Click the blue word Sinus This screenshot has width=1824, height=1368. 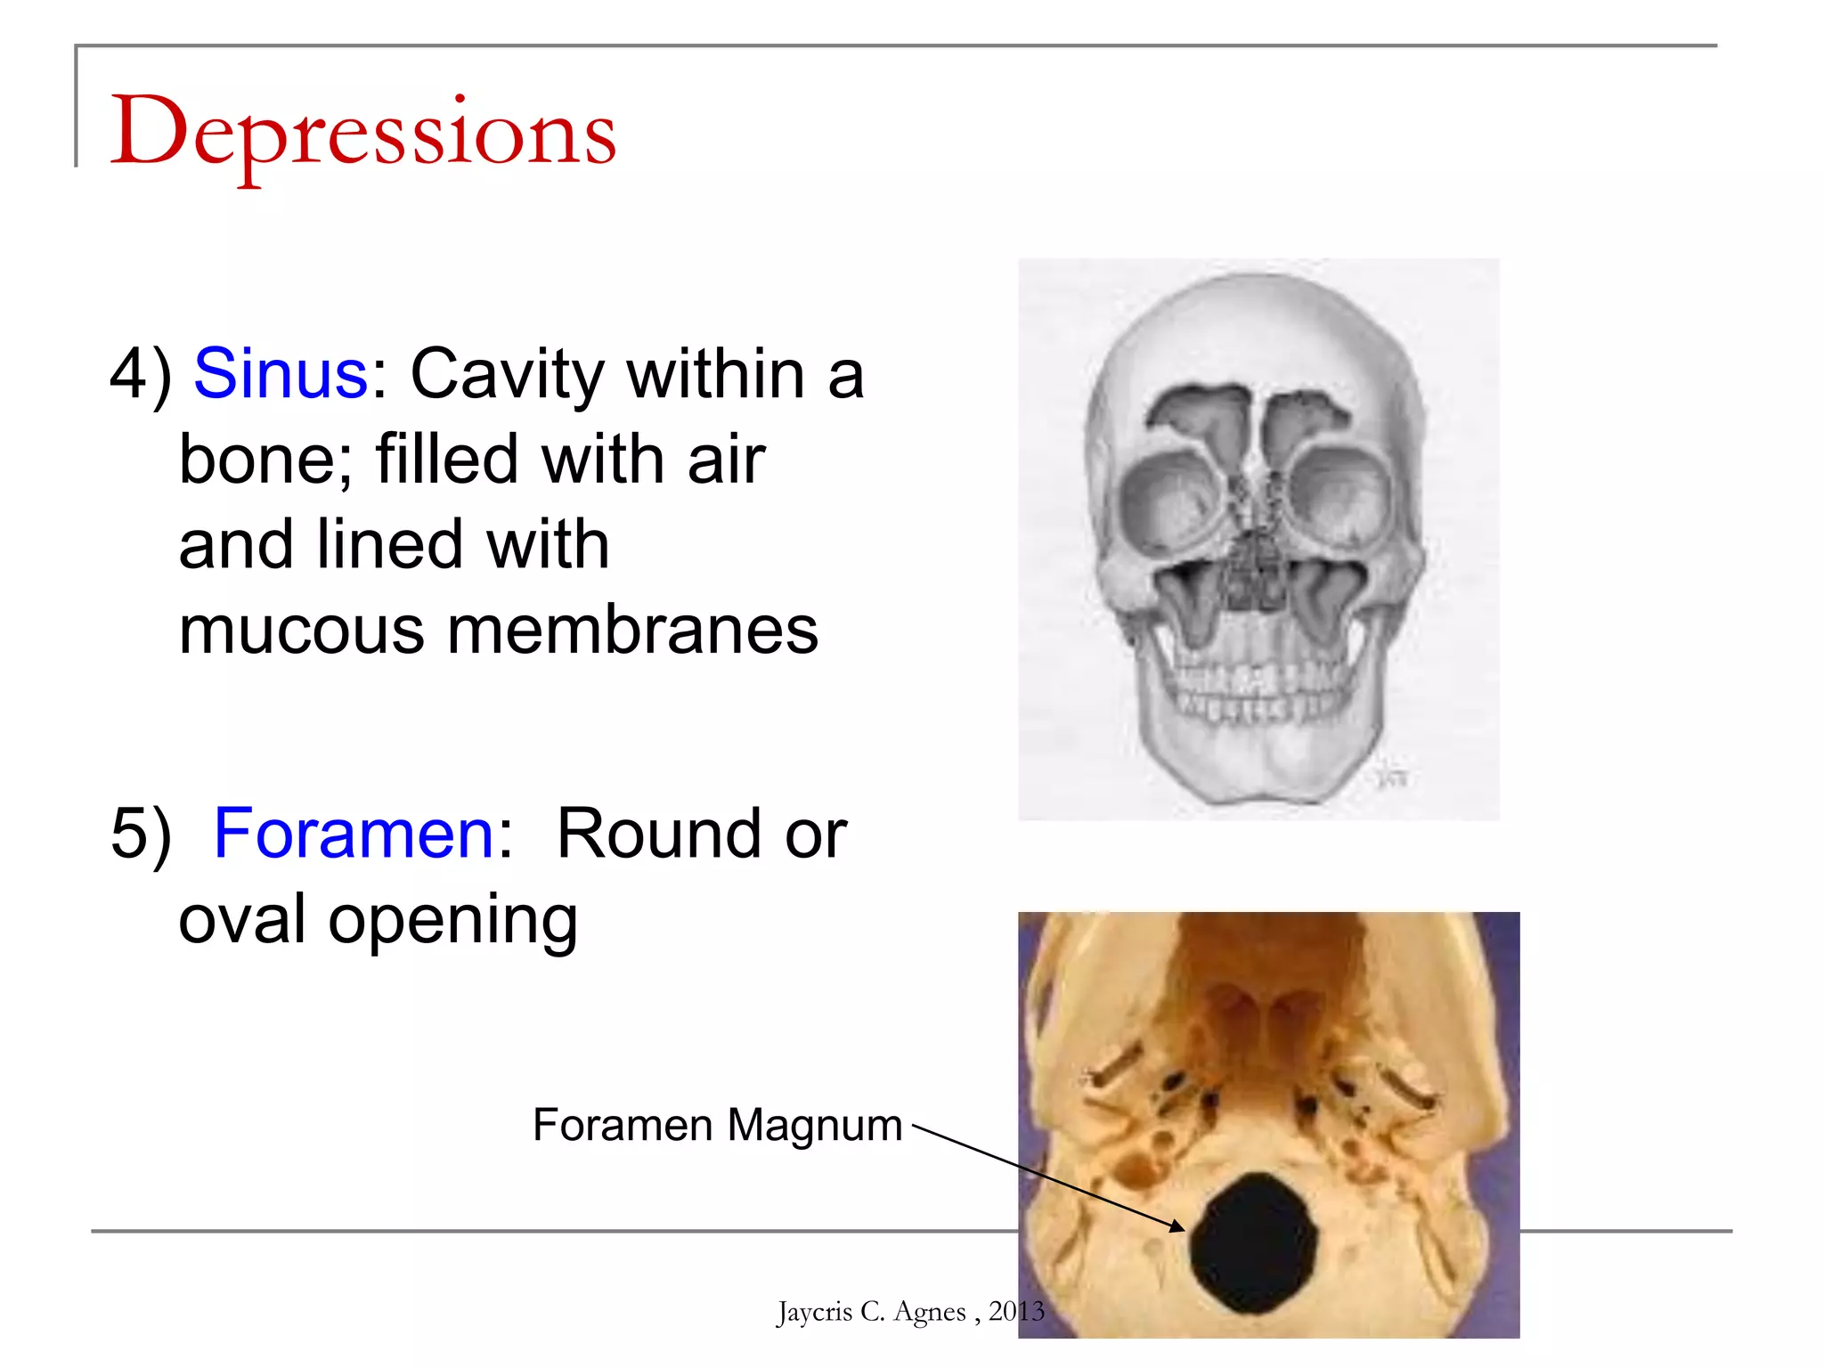(280, 373)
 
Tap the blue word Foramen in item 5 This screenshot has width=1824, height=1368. (354, 834)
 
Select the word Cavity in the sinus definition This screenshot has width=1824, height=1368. (507, 374)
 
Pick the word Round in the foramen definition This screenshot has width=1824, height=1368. (658, 834)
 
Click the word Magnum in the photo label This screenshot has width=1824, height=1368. (815, 1126)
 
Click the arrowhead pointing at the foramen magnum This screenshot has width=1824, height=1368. (1178, 1226)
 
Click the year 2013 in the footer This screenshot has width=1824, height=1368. (1016, 1311)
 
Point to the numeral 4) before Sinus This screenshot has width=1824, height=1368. (140, 374)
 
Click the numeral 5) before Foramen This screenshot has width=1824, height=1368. (140, 835)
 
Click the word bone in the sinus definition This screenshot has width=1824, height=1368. (258, 460)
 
